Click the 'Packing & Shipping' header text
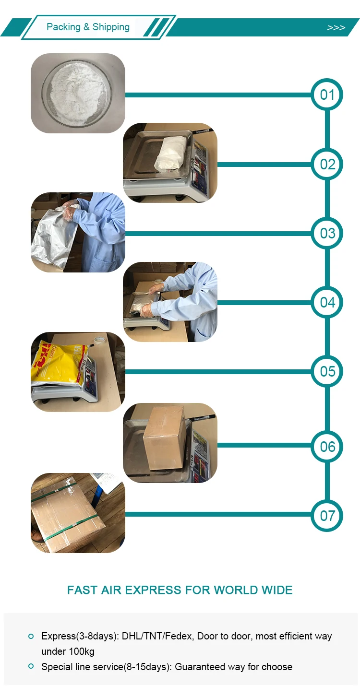pyautogui.click(x=88, y=27)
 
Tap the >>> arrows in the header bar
pyautogui.click(x=336, y=28)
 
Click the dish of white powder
pyautogui.click(x=77, y=93)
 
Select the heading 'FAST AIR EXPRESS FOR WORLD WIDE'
pyautogui.click(x=180, y=590)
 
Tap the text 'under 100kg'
pyautogui.click(x=68, y=651)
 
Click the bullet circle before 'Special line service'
pyautogui.click(x=31, y=666)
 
